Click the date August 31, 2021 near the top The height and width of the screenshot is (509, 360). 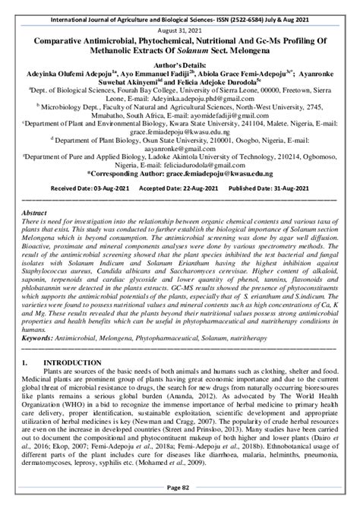[x=180, y=22]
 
